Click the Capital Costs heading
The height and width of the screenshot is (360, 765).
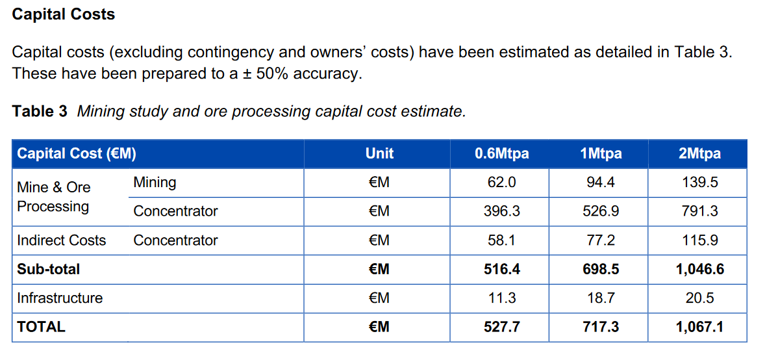click(x=64, y=14)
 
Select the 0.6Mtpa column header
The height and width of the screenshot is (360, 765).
click(x=501, y=154)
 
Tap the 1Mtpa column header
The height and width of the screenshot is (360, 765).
click(x=601, y=154)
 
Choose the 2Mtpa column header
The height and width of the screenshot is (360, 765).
click(x=699, y=154)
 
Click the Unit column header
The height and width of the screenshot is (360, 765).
click(x=379, y=154)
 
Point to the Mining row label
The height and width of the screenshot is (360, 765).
click(x=155, y=183)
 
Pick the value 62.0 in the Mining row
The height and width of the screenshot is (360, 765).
click(x=501, y=183)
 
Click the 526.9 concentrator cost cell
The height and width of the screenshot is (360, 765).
click(x=601, y=211)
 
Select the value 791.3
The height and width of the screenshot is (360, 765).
click(x=699, y=211)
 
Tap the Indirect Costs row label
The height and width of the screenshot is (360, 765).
click(x=61, y=240)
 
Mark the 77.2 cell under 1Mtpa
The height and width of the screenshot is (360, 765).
click(x=601, y=240)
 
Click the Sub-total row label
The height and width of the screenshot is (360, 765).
click(x=49, y=269)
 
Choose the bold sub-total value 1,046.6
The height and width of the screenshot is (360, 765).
click(x=699, y=269)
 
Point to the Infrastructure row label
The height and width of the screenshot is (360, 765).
click(x=60, y=298)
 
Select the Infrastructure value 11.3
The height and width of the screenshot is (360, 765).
click(x=501, y=298)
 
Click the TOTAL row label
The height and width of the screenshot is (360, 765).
click(x=41, y=327)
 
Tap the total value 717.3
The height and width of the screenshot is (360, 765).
click(x=601, y=327)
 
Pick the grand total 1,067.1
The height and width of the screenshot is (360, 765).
click(x=699, y=327)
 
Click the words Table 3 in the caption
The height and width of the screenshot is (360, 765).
click(x=40, y=112)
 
